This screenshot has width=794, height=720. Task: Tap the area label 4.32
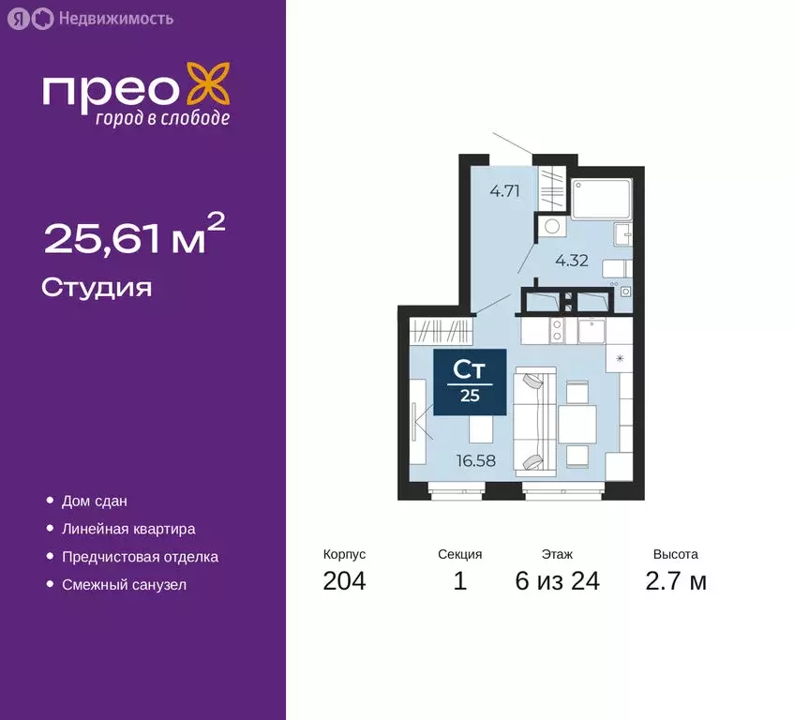[x=571, y=261]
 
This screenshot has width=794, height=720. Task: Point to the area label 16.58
[x=475, y=460]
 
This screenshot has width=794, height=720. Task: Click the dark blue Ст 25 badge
[x=470, y=381]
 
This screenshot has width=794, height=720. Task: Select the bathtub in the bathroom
[x=601, y=199]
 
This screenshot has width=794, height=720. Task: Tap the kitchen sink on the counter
[x=592, y=330]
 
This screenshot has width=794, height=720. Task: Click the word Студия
[x=97, y=287]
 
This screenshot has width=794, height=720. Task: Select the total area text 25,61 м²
[x=134, y=236]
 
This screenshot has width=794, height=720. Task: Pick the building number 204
[x=344, y=581]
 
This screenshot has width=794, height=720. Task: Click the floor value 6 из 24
[x=557, y=581]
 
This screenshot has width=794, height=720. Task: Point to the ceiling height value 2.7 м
[x=676, y=581]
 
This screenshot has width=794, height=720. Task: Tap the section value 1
[x=459, y=581]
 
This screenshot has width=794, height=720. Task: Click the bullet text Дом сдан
[x=95, y=502]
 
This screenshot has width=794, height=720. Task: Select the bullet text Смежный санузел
[x=124, y=585]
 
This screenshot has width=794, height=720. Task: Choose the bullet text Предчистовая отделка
[x=140, y=557]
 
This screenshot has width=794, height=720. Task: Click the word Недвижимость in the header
[x=114, y=18]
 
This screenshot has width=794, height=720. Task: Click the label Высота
[x=676, y=554]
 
